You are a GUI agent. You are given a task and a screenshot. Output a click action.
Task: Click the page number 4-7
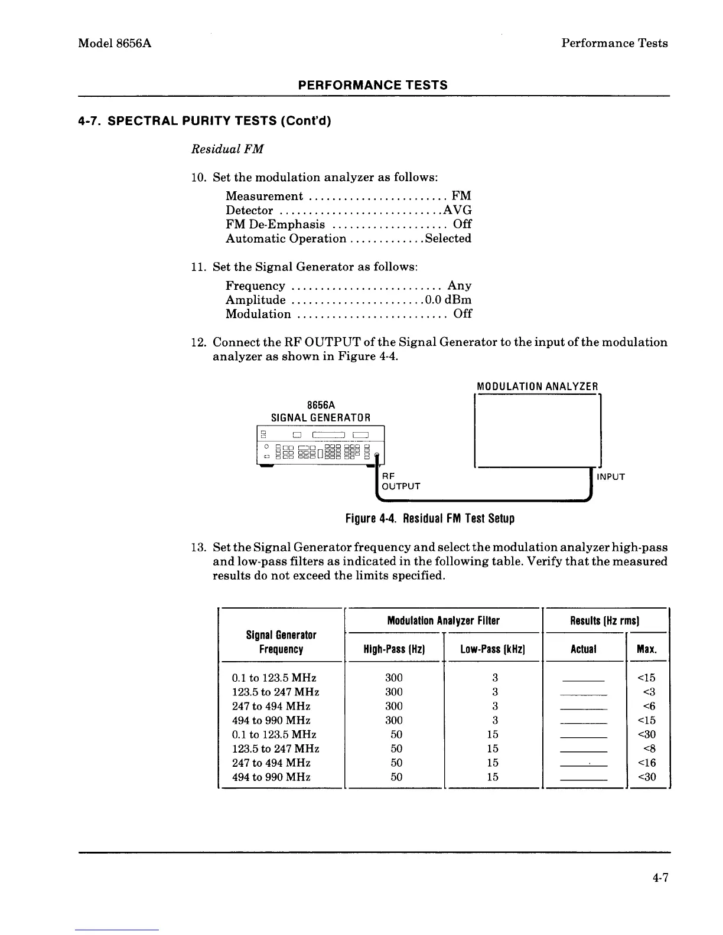coord(660,878)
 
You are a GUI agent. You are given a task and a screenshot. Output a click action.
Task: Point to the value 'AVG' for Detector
coord(457,210)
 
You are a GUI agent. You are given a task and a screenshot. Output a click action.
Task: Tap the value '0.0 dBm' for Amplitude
coord(452,300)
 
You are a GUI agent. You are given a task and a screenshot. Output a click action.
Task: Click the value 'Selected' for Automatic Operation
coord(448,238)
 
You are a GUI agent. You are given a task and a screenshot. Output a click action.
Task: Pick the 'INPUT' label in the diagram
coord(610,476)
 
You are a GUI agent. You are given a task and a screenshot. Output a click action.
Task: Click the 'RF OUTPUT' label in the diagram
coord(400,481)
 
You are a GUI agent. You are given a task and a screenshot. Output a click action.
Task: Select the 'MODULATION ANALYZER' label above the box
coord(538,387)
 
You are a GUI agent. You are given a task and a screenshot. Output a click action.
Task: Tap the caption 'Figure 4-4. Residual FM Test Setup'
coord(429,519)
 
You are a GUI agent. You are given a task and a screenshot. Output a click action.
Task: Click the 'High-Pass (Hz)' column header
coord(394,649)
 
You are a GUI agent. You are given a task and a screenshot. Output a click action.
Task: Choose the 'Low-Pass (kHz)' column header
coord(493,649)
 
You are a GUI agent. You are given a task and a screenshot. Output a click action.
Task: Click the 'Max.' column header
coord(647,649)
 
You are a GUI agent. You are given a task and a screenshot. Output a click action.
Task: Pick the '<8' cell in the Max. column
coord(649,748)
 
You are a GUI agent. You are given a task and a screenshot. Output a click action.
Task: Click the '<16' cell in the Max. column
coord(647,763)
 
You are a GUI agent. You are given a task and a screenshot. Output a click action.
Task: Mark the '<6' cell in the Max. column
coord(649,706)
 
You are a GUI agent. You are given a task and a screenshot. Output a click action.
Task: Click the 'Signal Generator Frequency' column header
coord(281,642)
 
